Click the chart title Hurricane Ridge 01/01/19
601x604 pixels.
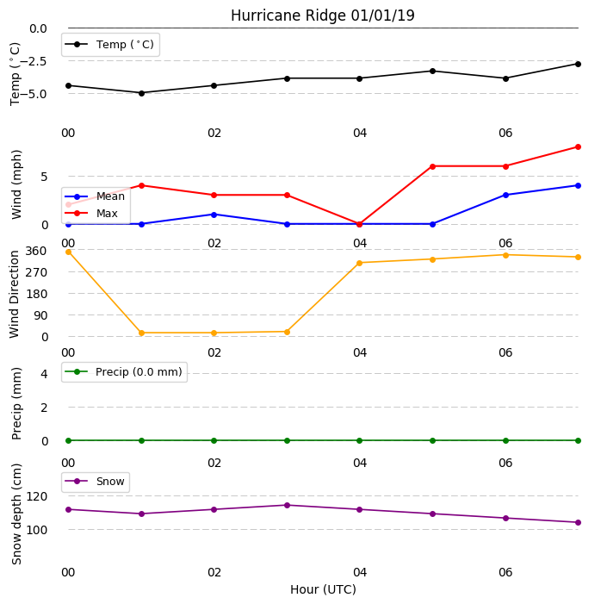click(x=323, y=16)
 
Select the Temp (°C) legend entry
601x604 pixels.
click(x=109, y=45)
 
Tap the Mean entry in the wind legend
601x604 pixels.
click(x=95, y=196)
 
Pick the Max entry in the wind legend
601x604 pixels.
click(x=91, y=214)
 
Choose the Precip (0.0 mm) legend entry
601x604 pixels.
click(x=124, y=371)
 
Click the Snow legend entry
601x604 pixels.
click(x=95, y=482)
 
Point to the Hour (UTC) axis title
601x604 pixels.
click(x=323, y=589)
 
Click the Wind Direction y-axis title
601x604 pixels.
click(x=15, y=295)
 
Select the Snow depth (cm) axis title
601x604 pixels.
click(x=16, y=514)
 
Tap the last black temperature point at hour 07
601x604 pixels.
click(x=578, y=64)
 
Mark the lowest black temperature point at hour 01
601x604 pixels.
click(x=141, y=93)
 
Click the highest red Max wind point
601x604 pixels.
click(x=578, y=146)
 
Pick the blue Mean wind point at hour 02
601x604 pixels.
click(x=214, y=215)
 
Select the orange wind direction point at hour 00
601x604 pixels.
click(x=69, y=252)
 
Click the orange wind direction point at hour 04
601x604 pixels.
click(x=360, y=263)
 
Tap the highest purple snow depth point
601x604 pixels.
click(x=287, y=505)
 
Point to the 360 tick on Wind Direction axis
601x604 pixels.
click(x=36, y=251)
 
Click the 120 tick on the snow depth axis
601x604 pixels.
click(x=36, y=496)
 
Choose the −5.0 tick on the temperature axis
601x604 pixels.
click(x=33, y=94)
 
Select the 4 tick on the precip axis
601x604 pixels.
click(x=44, y=374)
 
